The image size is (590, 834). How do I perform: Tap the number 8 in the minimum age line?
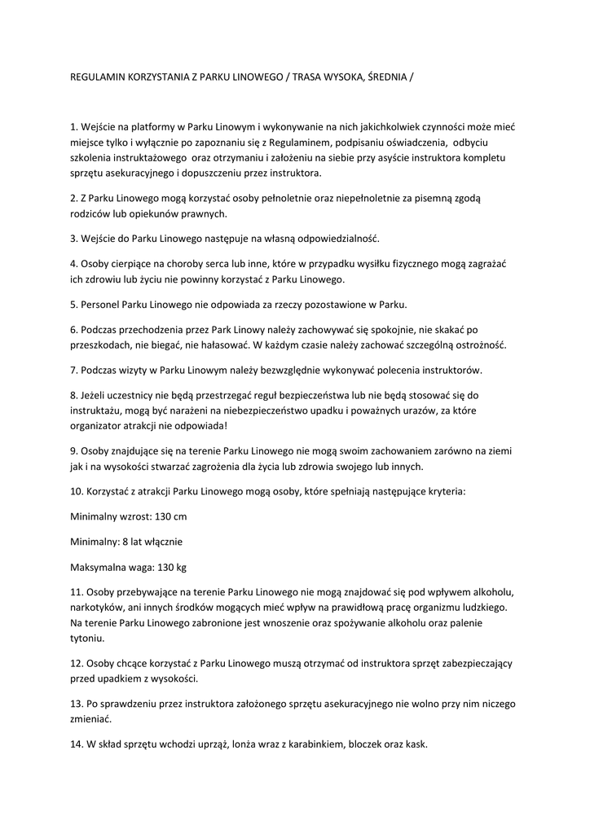124,541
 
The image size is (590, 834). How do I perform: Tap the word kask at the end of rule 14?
415,744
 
